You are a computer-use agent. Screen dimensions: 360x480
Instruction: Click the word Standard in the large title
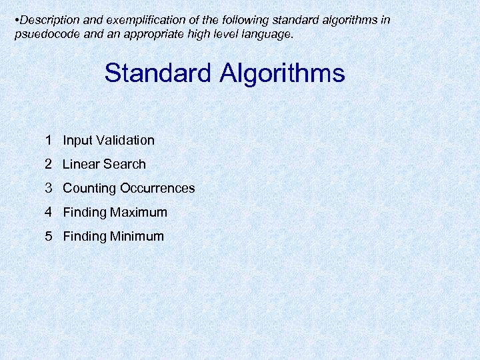tap(157, 73)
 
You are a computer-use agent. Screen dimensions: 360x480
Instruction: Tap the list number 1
tap(50, 140)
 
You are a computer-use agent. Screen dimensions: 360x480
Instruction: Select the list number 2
tap(50, 164)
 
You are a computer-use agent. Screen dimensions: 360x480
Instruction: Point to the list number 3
tap(50, 188)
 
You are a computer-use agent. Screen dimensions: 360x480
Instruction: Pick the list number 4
tap(50, 212)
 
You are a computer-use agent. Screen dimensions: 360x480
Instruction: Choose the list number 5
tap(50, 236)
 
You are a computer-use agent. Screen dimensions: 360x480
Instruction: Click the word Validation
tap(125, 140)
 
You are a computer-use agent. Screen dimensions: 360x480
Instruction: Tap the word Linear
tap(81, 164)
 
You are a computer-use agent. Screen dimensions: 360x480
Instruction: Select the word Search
tap(124, 164)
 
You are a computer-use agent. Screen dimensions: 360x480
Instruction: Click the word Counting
tap(89, 188)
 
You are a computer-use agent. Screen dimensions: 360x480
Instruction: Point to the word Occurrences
tap(157, 188)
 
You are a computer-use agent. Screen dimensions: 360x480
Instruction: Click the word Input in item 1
tap(77, 140)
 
